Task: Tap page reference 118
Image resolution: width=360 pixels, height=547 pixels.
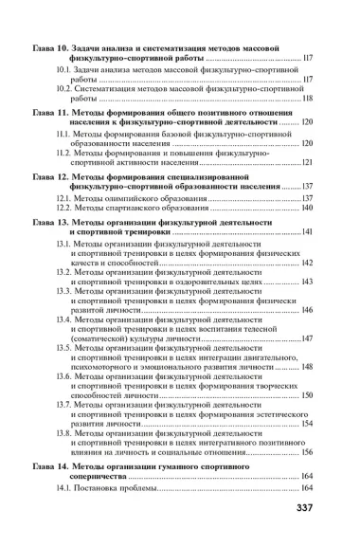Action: [307, 98]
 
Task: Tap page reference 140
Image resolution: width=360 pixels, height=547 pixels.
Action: [307, 208]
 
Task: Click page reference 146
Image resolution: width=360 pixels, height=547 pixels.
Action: [307, 310]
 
